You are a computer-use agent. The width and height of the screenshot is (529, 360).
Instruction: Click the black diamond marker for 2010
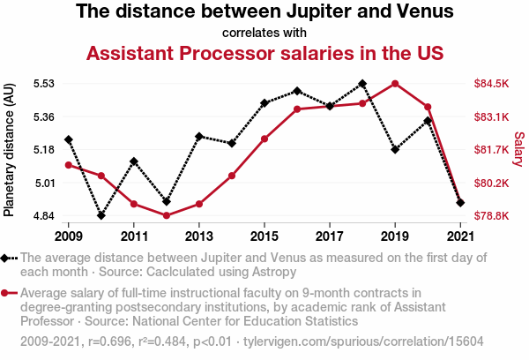click(x=101, y=215)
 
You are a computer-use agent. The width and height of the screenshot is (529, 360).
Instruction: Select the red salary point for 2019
click(x=395, y=84)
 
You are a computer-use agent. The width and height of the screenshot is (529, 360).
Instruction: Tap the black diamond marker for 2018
click(x=362, y=84)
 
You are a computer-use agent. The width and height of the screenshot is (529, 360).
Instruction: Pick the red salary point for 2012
click(x=167, y=215)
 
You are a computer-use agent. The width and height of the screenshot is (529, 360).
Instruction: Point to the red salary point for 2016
click(x=297, y=109)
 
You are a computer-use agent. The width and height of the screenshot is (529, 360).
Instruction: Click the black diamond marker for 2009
click(x=69, y=139)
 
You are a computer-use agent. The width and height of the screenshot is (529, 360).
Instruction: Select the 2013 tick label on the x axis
click(x=199, y=236)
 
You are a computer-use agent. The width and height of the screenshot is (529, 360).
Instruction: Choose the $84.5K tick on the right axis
click(x=491, y=84)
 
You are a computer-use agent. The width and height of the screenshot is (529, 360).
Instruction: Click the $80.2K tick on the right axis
click(x=491, y=183)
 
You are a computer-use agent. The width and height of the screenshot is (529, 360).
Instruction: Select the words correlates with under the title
click(x=264, y=34)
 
